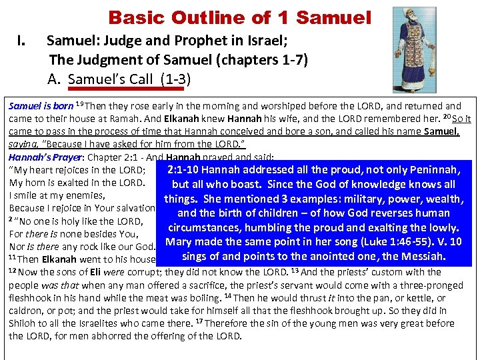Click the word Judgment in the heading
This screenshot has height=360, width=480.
click(x=108, y=61)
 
